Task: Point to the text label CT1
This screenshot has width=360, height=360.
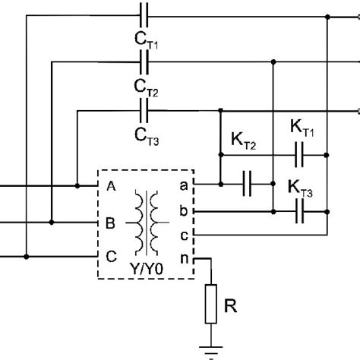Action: [147, 39]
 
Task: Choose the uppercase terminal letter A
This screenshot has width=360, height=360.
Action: [112, 186]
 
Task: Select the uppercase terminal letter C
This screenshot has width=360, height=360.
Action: [112, 256]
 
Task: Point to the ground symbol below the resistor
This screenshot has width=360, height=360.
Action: [210, 349]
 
